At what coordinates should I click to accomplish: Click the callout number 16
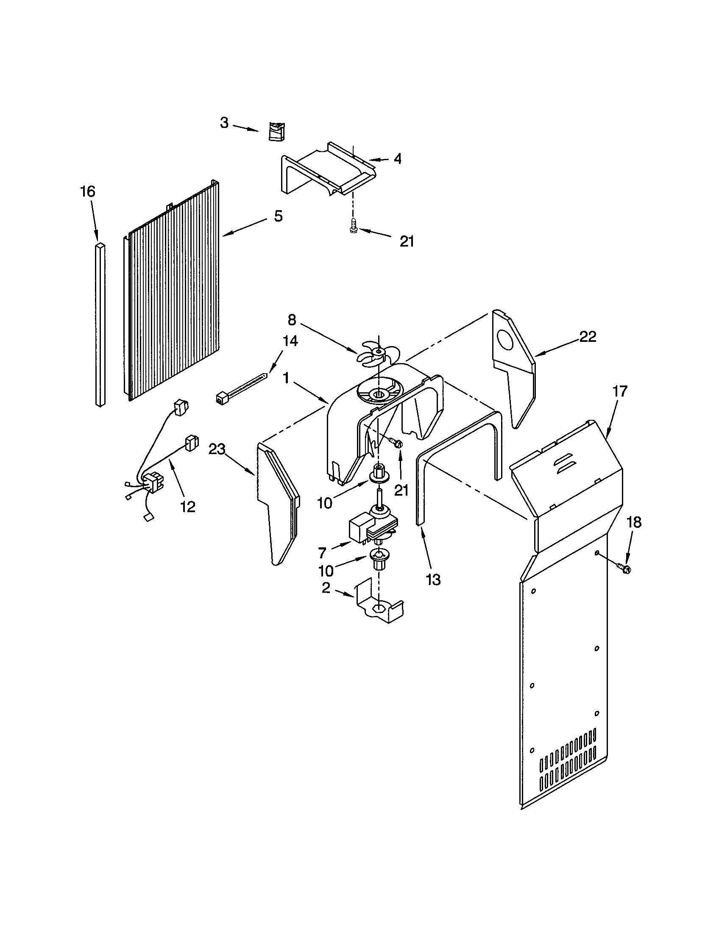[x=87, y=191]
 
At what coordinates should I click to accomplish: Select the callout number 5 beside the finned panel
[x=278, y=216]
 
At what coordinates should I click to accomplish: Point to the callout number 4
[x=398, y=159]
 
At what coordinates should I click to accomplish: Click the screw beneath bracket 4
[x=353, y=225]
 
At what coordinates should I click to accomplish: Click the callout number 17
[x=620, y=391]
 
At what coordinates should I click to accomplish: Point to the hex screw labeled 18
[x=624, y=569]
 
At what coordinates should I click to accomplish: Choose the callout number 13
[x=433, y=580]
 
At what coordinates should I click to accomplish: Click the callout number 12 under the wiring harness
[x=188, y=507]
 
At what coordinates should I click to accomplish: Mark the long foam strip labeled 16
[x=100, y=325]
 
